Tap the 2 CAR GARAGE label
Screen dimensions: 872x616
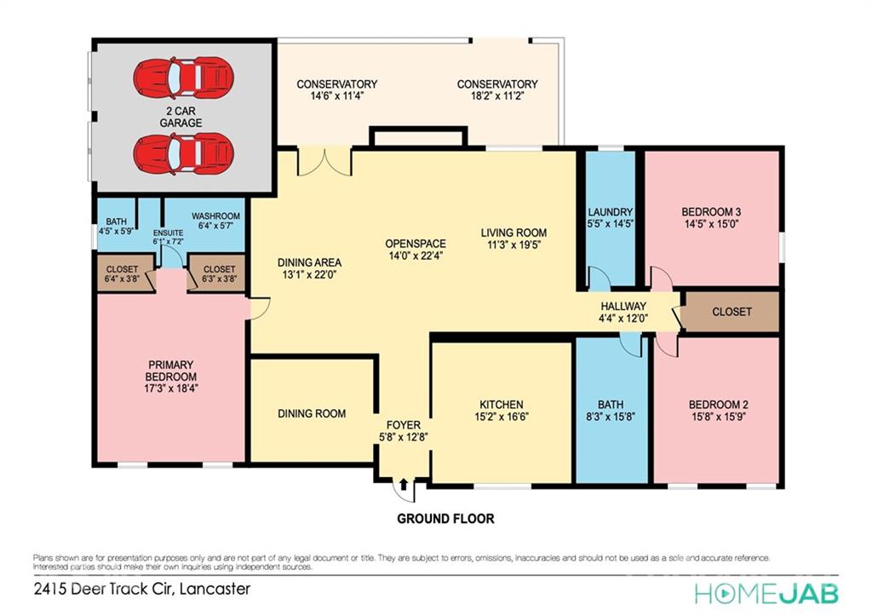(x=181, y=117)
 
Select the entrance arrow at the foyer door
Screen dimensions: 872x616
(x=404, y=484)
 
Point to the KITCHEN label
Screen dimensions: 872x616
(x=502, y=405)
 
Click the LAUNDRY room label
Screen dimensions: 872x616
(x=611, y=212)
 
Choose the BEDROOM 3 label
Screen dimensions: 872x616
(x=711, y=212)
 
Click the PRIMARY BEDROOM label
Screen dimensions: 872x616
(x=170, y=371)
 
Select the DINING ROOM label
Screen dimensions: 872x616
(x=312, y=413)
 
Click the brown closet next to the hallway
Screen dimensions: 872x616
(x=731, y=312)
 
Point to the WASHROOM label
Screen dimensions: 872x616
(x=215, y=216)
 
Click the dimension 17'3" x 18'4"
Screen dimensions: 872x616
(x=170, y=388)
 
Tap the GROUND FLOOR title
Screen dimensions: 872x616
(x=445, y=519)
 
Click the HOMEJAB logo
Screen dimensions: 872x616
(x=766, y=593)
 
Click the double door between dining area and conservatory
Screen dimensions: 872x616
(x=325, y=161)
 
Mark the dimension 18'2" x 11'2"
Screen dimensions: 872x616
(x=497, y=95)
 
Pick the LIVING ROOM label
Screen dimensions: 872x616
(x=513, y=233)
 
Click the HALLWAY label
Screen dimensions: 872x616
(x=623, y=306)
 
